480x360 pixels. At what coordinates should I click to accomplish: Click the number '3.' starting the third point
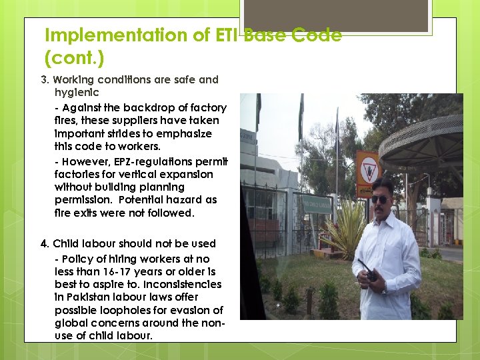coord(45,80)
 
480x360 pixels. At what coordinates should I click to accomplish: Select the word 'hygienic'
coord(77,93)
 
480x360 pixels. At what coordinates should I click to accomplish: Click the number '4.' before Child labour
coord(45,244)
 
